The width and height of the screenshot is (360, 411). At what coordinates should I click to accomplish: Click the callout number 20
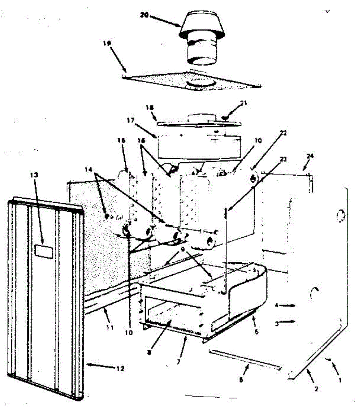pos(144,15)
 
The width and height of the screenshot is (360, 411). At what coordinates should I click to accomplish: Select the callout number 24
pos(310,156)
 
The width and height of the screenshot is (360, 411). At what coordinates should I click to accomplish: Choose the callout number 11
pos(109,327)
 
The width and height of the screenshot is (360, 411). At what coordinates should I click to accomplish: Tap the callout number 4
pos(276,305)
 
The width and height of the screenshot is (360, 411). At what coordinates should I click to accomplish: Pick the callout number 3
pos(276,322)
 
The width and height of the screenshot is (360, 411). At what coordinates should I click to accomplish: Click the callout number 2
pos(316,389)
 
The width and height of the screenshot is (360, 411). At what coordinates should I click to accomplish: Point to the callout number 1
pos(340,379)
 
